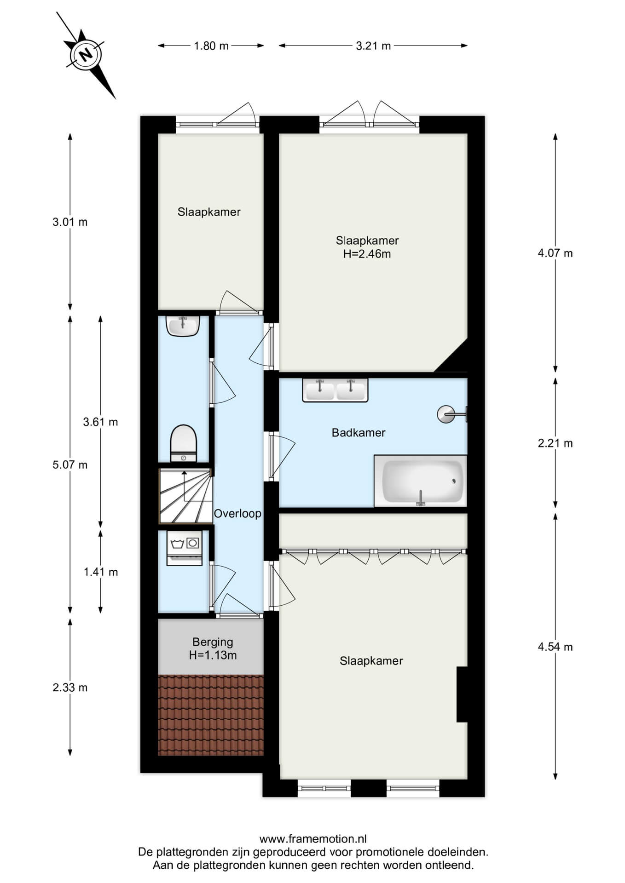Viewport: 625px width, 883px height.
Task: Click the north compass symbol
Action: point(86,55)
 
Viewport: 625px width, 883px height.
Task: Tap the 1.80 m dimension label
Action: point(211,46)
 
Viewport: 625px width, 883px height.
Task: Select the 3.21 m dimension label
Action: point(373,46)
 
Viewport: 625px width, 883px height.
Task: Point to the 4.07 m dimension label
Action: point(556,253)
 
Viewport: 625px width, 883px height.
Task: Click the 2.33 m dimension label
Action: point(70,688)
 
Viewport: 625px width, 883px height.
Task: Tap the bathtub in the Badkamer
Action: point(421,481)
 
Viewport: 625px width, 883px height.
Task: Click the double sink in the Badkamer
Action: point(335,390)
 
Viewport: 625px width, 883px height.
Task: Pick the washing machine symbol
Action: point(185,548)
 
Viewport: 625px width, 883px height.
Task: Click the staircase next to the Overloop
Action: point(185,496)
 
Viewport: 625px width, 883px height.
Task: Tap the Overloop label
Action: point(237,514)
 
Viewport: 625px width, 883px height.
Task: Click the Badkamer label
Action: point(359,432)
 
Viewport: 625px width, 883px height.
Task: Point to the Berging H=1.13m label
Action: point(213,648)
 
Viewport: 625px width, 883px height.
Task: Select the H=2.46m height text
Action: point(367,254)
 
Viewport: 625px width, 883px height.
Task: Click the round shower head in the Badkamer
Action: point(446,414)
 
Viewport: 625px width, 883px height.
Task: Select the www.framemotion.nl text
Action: point(313,839)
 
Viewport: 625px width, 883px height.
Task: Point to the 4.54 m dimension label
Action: point(556,647)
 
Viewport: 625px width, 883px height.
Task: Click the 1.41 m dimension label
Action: point(100,572)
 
